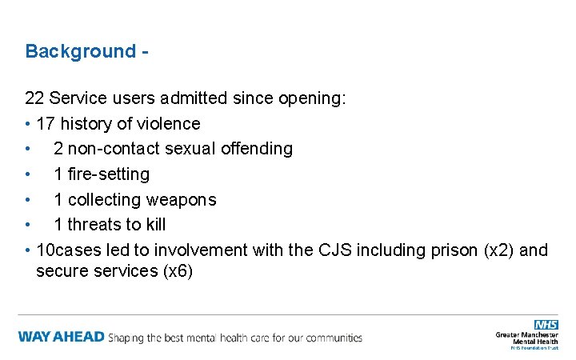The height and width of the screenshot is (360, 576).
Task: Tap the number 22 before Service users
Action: pos(34,98)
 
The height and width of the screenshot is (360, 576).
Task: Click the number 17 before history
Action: pos(46,124)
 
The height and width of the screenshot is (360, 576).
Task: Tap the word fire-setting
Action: pos(110,174)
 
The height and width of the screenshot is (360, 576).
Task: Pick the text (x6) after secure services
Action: pos(178,271)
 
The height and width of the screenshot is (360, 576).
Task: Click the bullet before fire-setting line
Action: pos(28,174)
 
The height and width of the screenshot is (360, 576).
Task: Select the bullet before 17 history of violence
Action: pos(28,124)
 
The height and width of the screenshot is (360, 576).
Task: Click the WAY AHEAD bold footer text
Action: pos(61,337)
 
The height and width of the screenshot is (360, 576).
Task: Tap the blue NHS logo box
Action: pos(546,324)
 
